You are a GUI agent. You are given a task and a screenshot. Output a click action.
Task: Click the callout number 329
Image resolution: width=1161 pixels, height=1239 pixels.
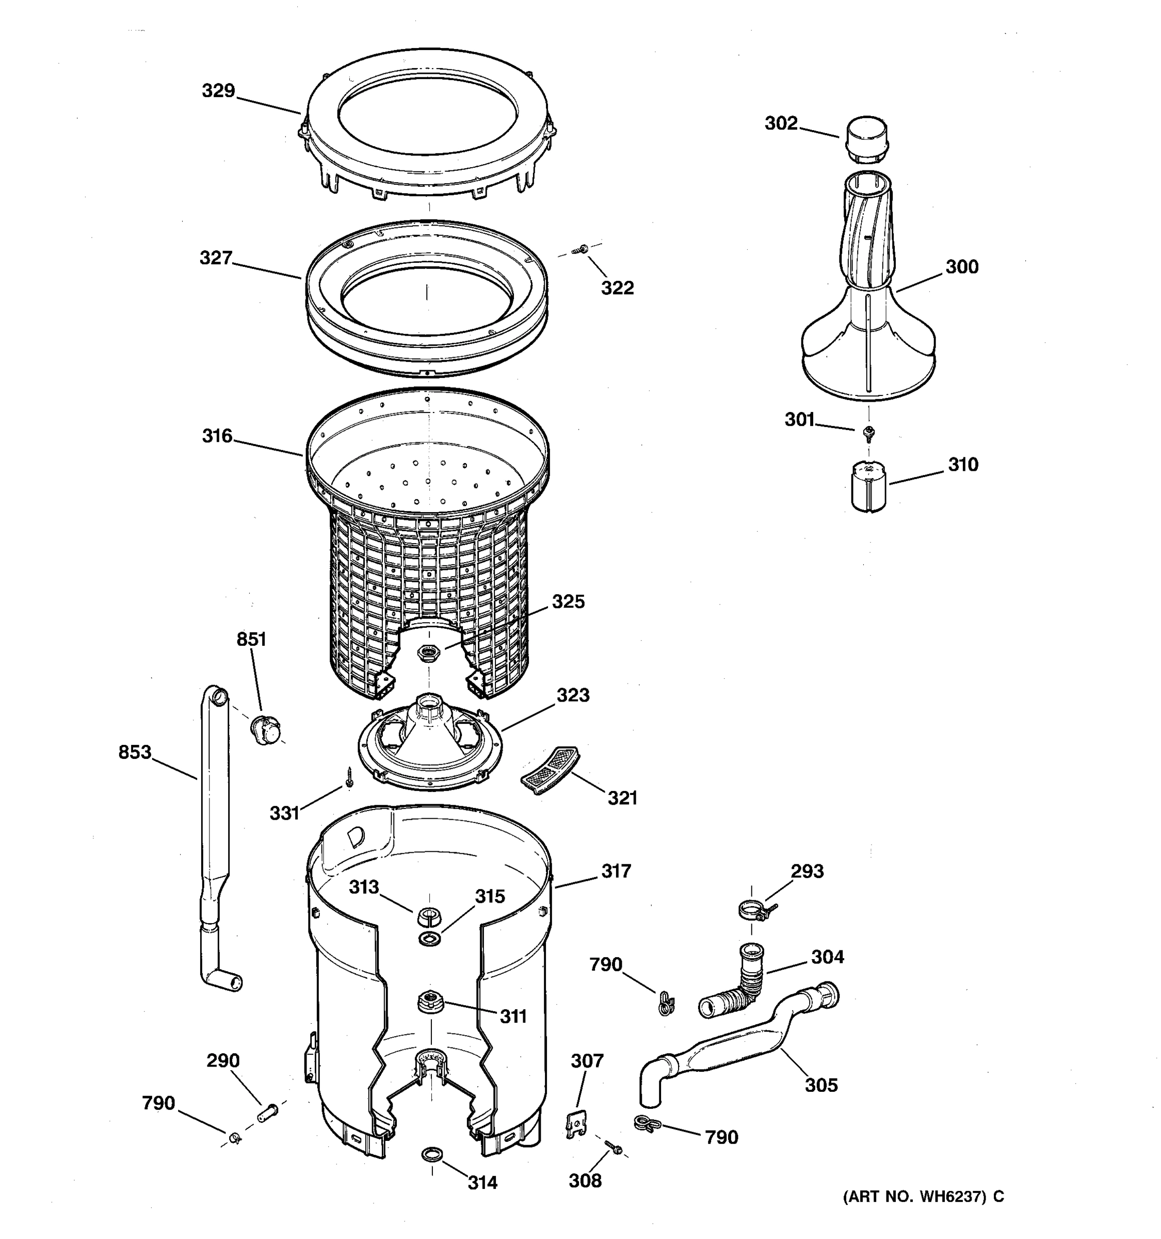point(218,91)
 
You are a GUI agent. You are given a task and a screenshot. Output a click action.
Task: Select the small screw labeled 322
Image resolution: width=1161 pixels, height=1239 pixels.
point(583,249)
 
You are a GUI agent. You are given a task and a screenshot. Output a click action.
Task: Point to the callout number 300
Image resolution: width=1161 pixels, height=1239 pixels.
point(962,267)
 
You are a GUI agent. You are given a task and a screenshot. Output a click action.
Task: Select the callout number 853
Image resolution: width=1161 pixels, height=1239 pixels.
point(135,752)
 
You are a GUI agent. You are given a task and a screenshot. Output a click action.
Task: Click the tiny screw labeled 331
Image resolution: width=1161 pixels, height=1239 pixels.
point(349,776)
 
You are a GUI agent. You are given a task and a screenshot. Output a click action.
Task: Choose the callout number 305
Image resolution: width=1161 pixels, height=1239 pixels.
point(821,1085)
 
